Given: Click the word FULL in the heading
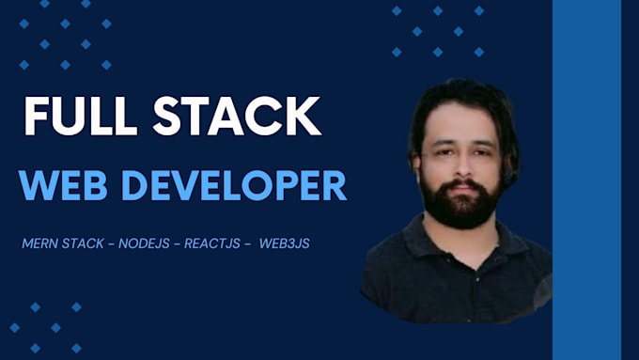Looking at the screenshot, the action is click(80, 116).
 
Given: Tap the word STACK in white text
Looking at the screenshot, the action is click(237, 116).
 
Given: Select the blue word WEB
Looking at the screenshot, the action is click(63, 185).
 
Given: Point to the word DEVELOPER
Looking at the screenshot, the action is click(234, 185).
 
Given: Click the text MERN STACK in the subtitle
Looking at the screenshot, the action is click(63, 243).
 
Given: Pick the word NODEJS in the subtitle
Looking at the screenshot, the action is click(144, 243).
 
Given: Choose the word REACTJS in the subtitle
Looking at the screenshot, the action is click(212, 243).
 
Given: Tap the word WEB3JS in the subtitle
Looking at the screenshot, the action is click(285, 243).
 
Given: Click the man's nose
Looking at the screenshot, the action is click(462, 165).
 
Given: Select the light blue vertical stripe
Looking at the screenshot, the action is click(586, 180).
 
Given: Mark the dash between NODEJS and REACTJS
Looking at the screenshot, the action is click(177, 244).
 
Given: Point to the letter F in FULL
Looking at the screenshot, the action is click(36, 116).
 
